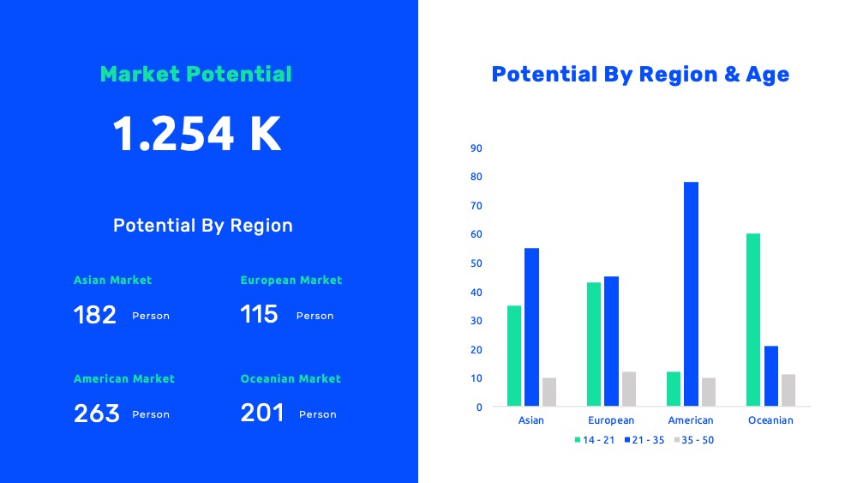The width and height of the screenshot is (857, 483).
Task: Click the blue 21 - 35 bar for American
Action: tap(691, 293)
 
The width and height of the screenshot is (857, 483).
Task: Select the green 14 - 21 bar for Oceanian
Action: tap(753, 320)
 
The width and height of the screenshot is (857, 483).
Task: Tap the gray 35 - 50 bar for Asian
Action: tap(549, 392)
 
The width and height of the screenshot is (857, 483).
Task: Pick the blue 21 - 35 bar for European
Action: tap(611, 341)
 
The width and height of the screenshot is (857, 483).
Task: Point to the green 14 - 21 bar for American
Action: tap(674, 389)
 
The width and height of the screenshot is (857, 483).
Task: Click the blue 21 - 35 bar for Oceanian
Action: tap(770, 376)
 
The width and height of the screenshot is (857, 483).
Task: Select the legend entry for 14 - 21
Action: tap(595, 440)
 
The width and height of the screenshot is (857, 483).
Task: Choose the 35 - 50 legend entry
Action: tap(694, 440)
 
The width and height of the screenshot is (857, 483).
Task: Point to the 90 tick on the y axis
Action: tap(476, 148)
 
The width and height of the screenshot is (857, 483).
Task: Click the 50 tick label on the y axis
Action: tap(476, 263)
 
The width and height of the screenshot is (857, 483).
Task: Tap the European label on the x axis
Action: tap(611, 420)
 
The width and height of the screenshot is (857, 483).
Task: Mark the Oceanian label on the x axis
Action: tap(770, 420)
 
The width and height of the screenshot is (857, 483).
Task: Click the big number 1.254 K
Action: tap(197, 134)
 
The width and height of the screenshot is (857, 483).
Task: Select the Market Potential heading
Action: tap(195, 75)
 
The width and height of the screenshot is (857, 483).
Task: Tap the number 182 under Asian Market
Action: tap(95, 315)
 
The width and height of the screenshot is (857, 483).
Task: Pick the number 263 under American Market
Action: tap(97, 414)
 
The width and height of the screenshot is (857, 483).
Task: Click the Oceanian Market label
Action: tap(291, 378)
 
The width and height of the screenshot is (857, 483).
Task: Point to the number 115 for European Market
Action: tap(259, 315)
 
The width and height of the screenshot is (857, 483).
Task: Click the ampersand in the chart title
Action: tap(732, 75)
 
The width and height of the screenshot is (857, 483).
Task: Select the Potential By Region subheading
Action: tap(203, 226)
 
